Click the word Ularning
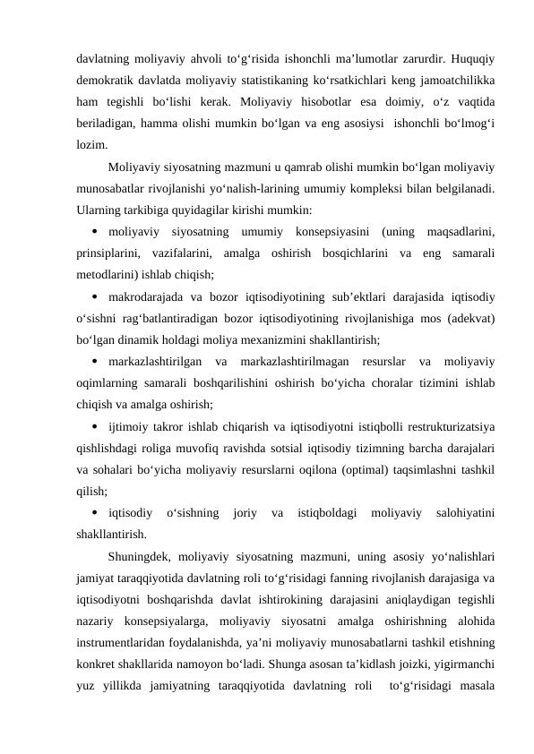(101, 210)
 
